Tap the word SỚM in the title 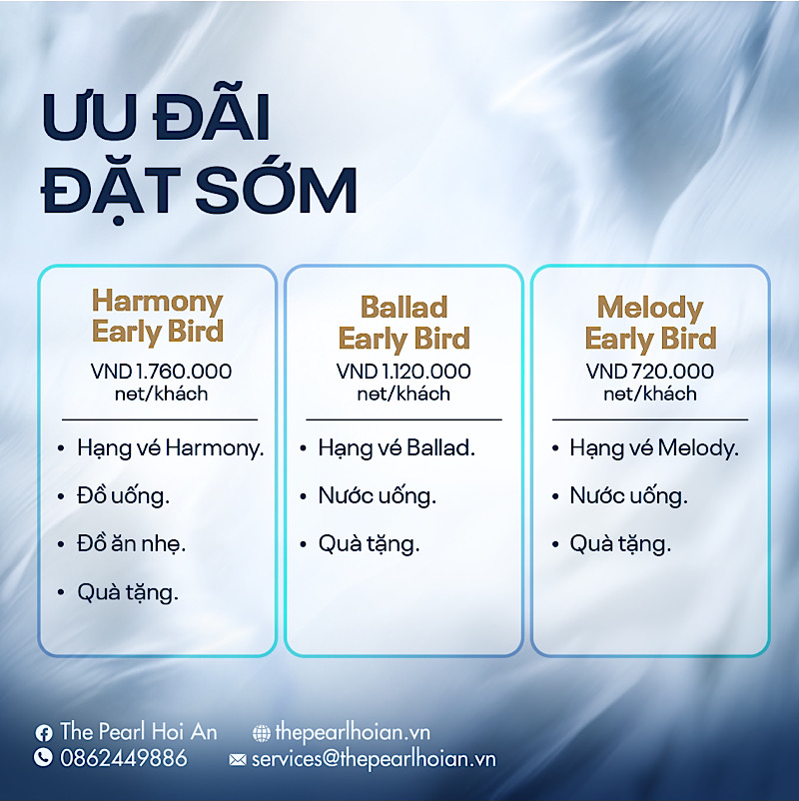coord(276,188)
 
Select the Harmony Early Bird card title coord(158,316)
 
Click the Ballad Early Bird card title coord(403,323)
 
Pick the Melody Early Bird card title coord(650,323)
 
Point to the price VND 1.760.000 coord(161,372)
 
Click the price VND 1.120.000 coord(403,372)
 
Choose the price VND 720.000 coord(650,372)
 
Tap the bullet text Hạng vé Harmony coord(171,449)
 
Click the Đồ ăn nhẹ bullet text coord(131,544)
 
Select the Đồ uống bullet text coord(123,496)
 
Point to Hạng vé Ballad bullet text coord(397,449)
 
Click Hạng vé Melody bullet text coord(654,449)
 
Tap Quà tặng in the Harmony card coord(128,593)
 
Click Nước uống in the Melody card coord(629,496)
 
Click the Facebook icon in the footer coord(43,733)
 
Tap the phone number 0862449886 coord(124,758)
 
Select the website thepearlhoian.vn coord(353,732)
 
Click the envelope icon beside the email coord(237,760)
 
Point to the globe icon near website coord(261,733)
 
